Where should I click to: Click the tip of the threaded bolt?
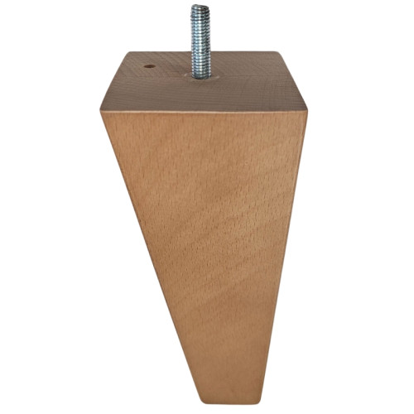200,8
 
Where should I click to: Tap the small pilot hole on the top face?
149,65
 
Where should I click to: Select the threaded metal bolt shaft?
200,41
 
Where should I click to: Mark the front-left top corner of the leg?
102,113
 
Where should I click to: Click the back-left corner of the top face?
127,55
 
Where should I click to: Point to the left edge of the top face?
114,83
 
